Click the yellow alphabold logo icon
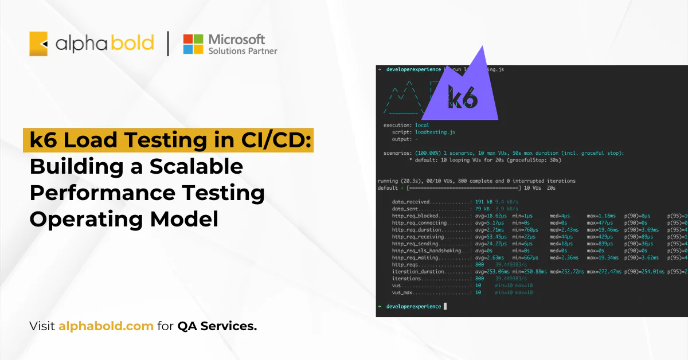coord(38,44)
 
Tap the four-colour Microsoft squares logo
coord(193,44)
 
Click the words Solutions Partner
coord(243,51)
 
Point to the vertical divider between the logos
coord(168,44)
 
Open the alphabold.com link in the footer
coord(106,326)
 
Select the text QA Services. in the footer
coord(217,326)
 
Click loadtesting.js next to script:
coord(435,132)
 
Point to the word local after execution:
coord(422,125)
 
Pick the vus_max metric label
coord(403,292)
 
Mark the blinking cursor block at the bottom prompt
coord(445,307)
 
